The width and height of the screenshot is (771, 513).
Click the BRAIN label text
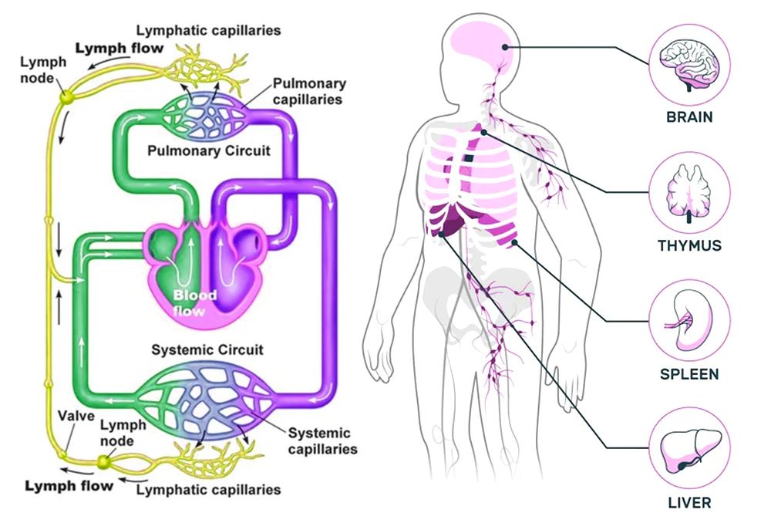[689, 119]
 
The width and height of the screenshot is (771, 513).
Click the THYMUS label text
[689, 247]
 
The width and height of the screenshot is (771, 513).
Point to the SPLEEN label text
[689, 375]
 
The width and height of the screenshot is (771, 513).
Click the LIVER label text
[689, 503]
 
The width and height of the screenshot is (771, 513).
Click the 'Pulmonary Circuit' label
[209, 150]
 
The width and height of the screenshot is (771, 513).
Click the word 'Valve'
[76, 417]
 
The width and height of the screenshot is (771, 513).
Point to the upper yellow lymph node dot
[66, 96]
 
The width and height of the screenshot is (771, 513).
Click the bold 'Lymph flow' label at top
[120, 49]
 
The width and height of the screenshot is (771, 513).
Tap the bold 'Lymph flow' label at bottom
[69, 486]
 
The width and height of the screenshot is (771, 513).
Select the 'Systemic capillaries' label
[318, 440]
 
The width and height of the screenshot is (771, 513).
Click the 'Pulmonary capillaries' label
[308, 91]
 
